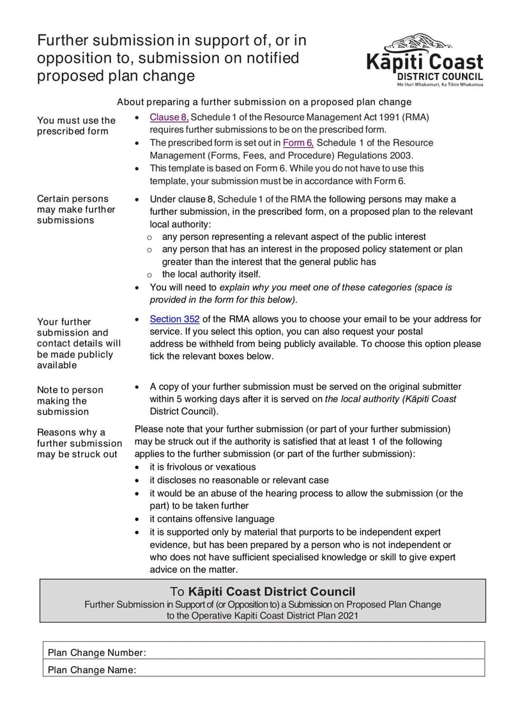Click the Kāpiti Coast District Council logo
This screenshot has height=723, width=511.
click(425, 59)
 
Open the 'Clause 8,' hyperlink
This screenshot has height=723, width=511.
click(169, 117)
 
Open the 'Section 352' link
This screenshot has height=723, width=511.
click(174, 319)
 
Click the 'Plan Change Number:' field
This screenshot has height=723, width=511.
click(313, 653)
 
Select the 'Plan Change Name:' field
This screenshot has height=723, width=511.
click(313, 670)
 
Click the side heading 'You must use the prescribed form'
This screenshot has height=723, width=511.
click(76, 125)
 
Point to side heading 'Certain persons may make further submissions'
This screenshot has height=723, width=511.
click(76, 209)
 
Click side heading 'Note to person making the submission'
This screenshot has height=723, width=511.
click(70, 401)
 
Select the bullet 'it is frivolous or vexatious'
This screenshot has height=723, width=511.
click(202, 467)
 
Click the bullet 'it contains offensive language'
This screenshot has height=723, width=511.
click(212, 519)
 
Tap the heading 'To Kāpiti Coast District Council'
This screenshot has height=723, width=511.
click(263, 592)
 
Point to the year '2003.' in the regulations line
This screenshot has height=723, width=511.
click(401, 155)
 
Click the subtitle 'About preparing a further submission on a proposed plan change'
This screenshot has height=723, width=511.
click(264, 102)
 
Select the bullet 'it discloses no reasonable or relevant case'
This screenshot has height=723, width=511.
click(239, 480)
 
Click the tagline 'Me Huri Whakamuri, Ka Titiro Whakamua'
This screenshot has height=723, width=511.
click(439, 84)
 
